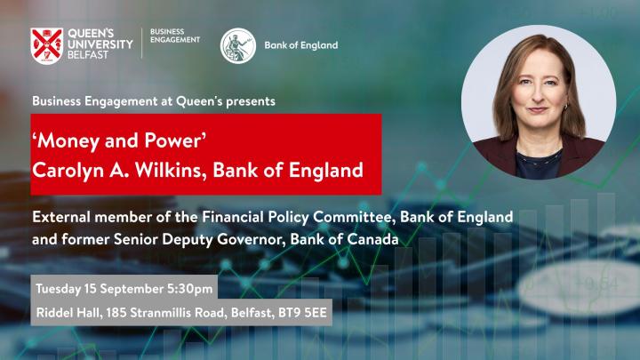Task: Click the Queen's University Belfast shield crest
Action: [46, 46]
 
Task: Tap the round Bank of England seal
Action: [238, 45]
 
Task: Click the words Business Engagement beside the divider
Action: [175, 36]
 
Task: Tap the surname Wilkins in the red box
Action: [171, 170]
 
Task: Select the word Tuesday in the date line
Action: [58, 289]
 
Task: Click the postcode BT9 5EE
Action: [302, 313]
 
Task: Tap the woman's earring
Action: [565, 107]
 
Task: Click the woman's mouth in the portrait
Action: [538, 109]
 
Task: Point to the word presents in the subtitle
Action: [251, 101]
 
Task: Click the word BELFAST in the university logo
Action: [88, 55]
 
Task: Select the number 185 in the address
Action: [116, 313]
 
